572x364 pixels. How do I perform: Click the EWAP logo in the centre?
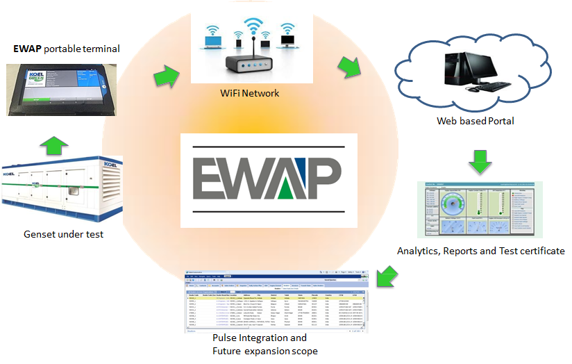(262, 180)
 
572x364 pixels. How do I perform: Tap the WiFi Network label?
(249, 92)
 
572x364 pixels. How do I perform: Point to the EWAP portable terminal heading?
(67, 49)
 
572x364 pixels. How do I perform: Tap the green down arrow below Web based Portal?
(479, 161)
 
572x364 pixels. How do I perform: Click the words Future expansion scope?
(264, 351)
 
